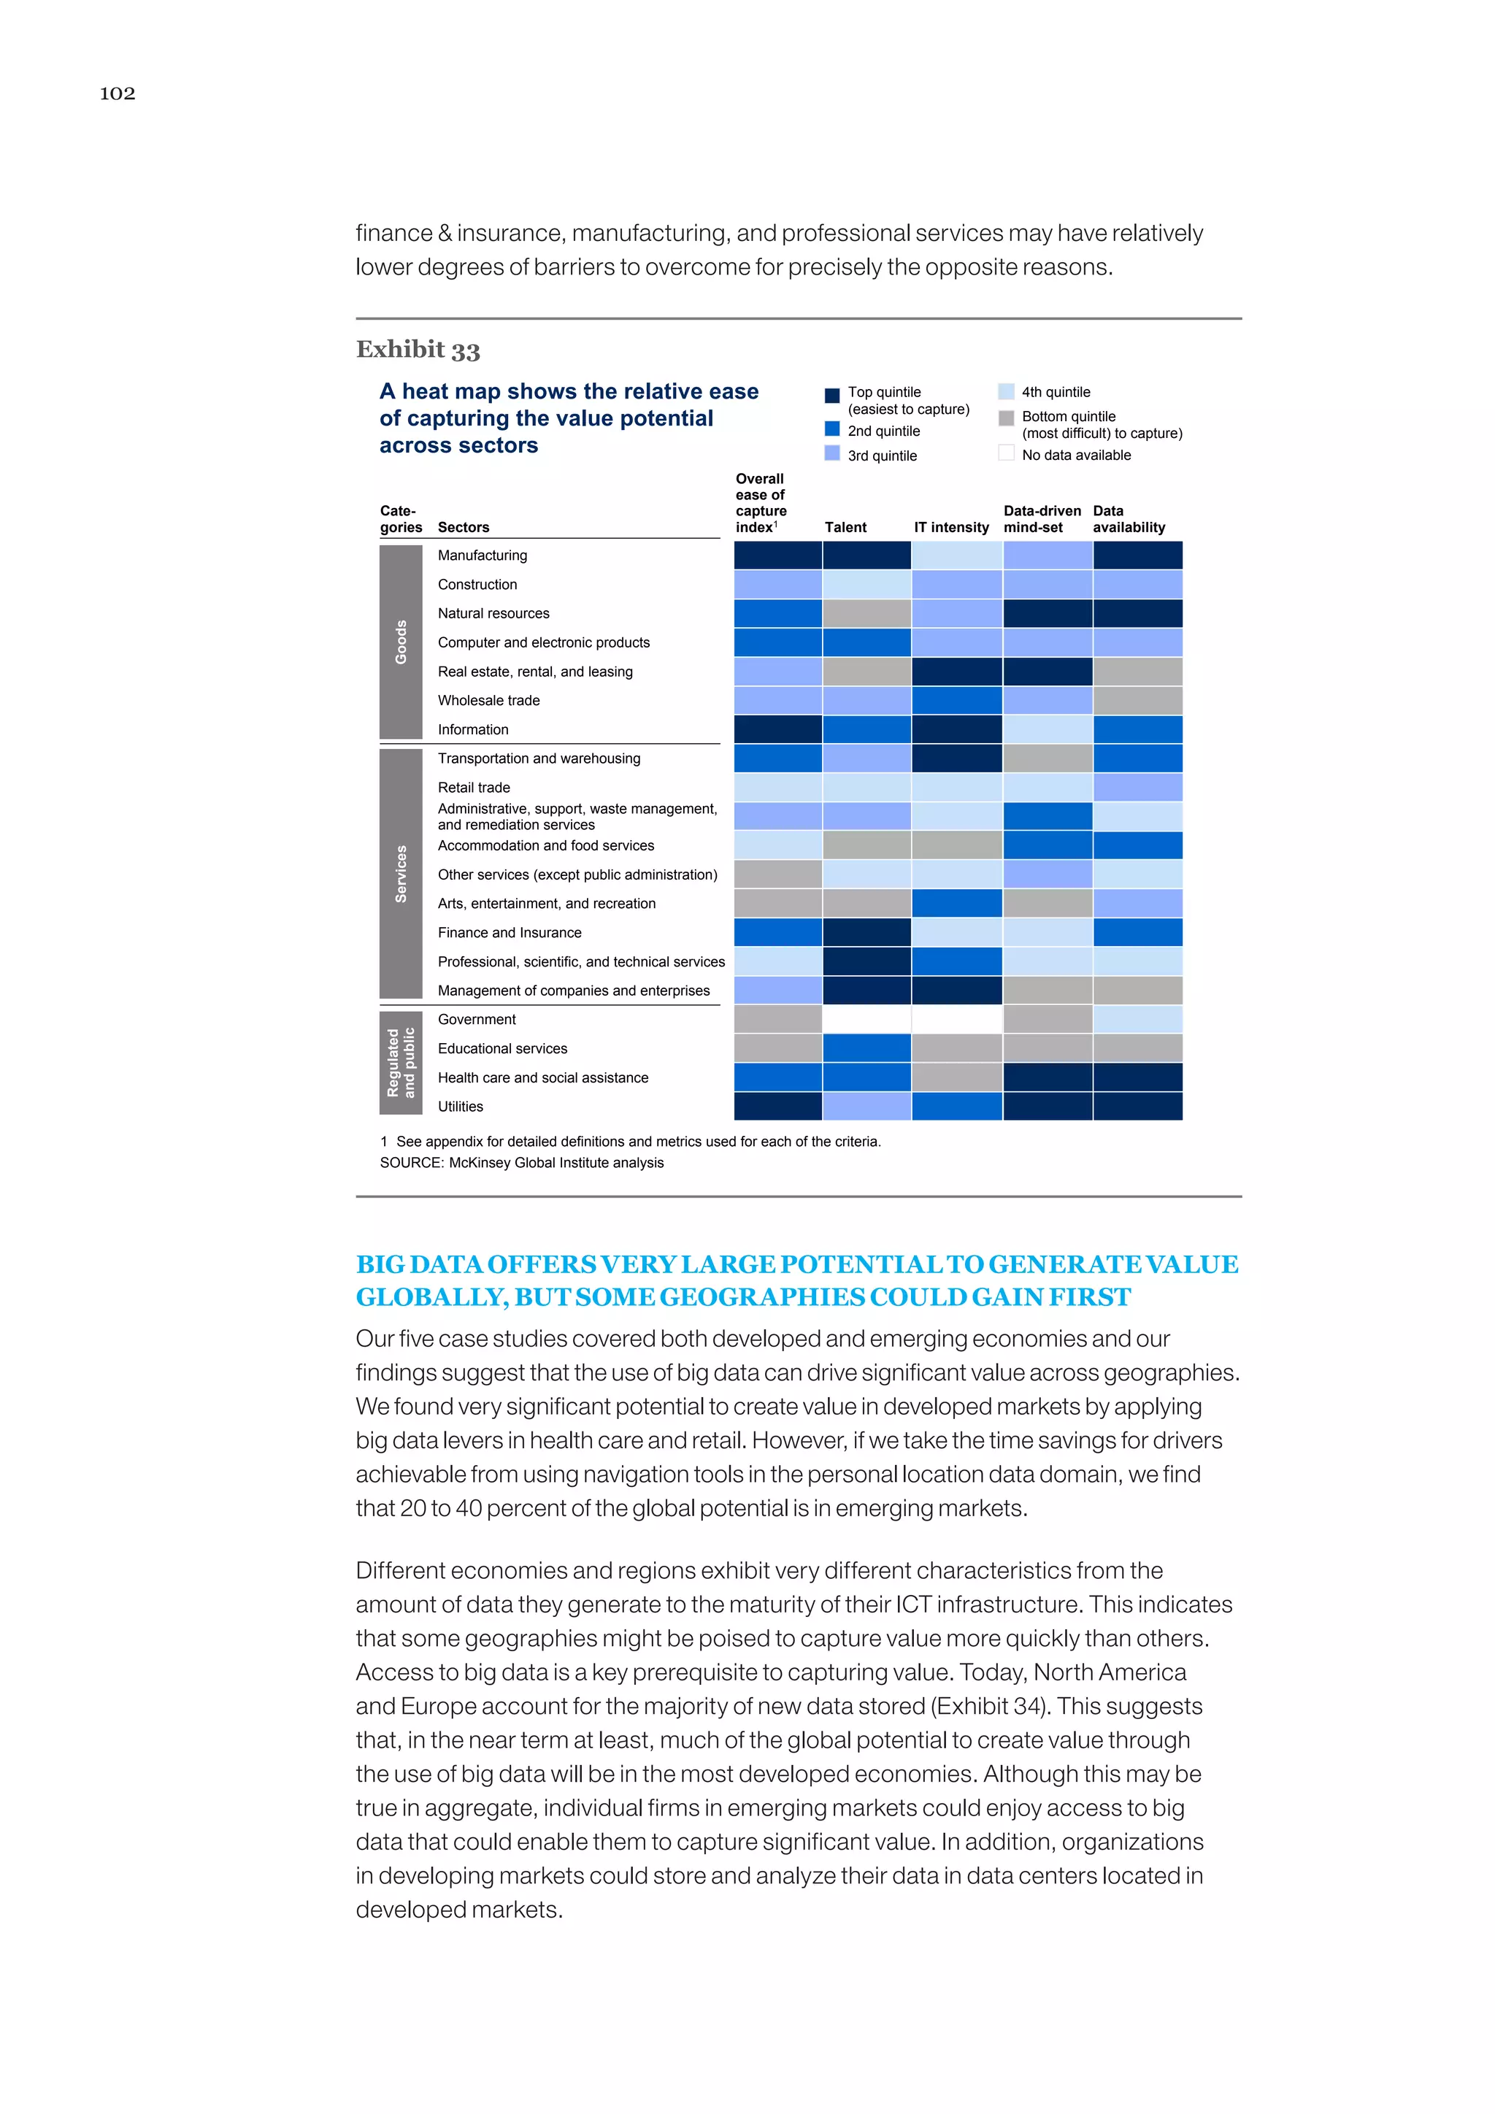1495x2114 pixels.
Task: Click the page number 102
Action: [117, 93]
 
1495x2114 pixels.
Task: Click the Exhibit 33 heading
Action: [418, 350]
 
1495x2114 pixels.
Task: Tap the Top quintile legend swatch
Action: [832, 395]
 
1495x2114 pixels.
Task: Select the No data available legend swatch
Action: [1006, 453]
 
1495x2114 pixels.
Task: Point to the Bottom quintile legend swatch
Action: [1006, 418]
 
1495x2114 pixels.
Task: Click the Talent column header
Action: [845, 528]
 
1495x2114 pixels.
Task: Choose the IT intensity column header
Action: [951, 528]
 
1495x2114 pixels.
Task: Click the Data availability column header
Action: [1129, 519]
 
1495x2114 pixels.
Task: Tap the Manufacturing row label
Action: [483, 556]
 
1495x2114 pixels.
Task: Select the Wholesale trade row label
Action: [489, 701]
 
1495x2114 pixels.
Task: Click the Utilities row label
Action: [461, 1107]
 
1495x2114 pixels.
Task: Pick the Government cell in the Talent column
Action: [866, 1019]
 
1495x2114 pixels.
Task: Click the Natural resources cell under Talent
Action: [866, 613]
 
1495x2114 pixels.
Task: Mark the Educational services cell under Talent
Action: [866, 1049]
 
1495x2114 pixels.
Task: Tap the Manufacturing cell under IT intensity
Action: [956, 556]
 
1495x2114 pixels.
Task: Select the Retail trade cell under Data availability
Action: [1137, 787]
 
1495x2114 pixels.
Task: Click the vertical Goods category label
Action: [401, 642]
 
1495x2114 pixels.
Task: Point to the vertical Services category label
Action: [401, 874]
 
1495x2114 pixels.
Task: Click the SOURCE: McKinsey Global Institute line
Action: [521, 1163]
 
